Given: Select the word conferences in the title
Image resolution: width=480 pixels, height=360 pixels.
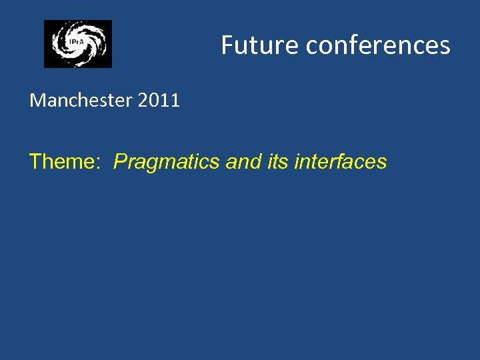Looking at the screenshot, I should [378, 45].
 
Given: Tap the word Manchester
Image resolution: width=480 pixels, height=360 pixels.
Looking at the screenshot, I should [81, 101].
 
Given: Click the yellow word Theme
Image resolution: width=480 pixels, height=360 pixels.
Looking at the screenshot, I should [65, 161].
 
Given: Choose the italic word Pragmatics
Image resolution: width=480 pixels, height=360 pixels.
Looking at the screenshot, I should [167, 162].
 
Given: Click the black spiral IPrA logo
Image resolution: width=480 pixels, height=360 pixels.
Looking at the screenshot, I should [78, 44].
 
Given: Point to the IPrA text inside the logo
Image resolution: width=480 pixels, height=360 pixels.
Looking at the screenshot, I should [76, 43].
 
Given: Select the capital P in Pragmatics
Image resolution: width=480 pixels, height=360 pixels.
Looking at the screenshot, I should [121, 161].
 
